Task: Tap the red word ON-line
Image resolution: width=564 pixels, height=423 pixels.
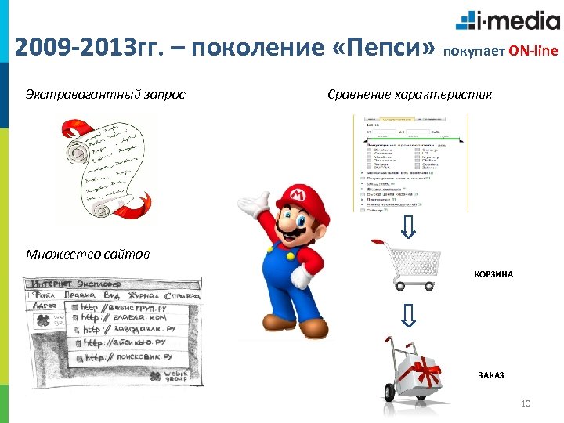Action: tap(533, 52)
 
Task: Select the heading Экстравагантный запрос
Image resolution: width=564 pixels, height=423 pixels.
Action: tap(106, 95)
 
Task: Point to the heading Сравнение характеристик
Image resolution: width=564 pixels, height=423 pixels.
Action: tap(410, 95)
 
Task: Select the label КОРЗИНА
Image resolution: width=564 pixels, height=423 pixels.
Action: tap(493, 275)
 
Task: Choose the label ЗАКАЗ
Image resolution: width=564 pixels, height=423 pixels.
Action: tap(491, 375)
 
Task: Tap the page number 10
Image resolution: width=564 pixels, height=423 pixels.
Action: tap(526, 403)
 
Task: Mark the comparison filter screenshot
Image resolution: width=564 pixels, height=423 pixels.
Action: tap(410, 162)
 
